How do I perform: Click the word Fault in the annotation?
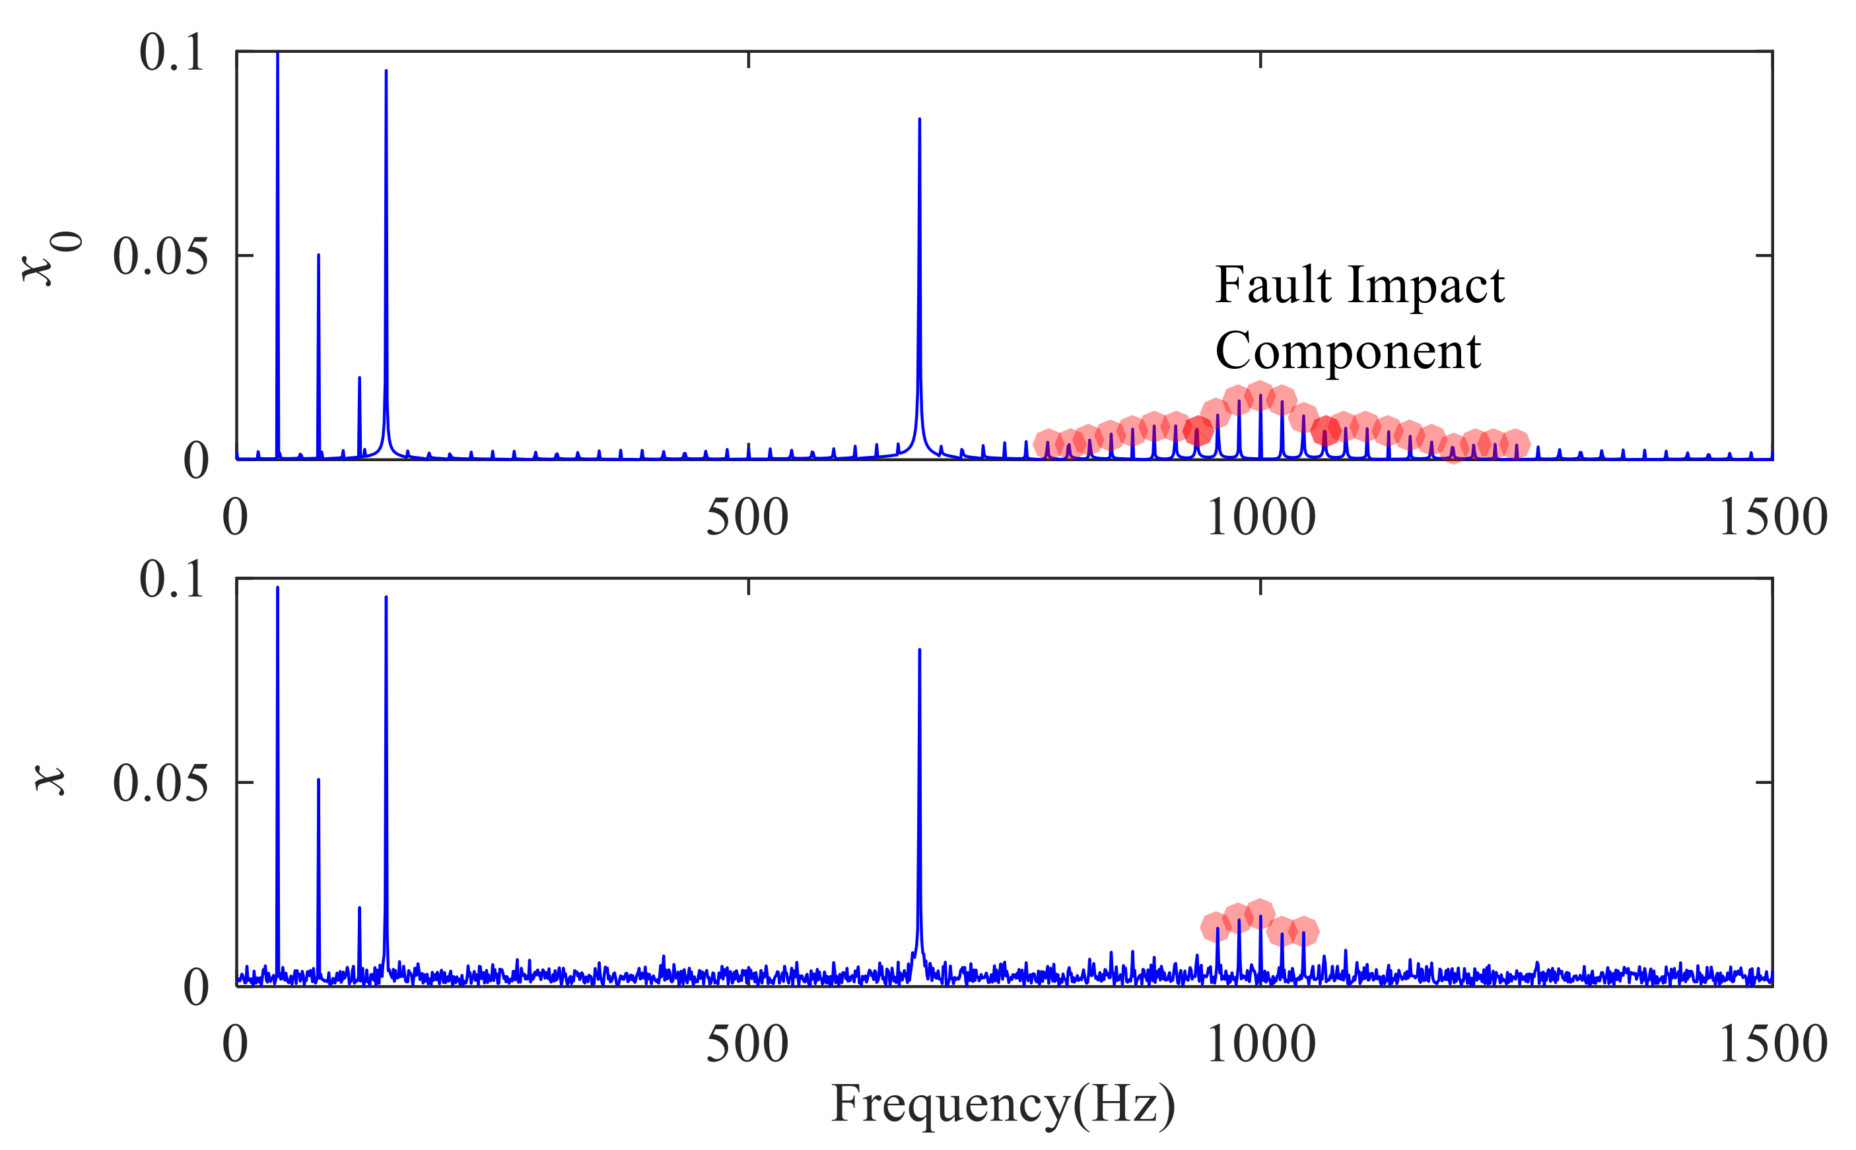pos(1272,285)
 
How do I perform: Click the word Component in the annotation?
pos(1347,352)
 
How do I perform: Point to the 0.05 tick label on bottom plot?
pos(160,783)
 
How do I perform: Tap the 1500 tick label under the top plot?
pos(1771,517)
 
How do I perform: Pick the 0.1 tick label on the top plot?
pos(171,53)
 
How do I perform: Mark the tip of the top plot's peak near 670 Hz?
pos(919,119)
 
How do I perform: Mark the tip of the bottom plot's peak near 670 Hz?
pos(919,651)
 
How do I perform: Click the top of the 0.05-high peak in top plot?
pos(318,255)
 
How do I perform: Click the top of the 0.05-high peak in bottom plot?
pos(318,780)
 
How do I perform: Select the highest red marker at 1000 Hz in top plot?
pos(1260,395)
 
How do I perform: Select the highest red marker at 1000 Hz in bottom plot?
pos(1260,912)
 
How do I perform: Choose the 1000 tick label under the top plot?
pos(1260,517)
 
